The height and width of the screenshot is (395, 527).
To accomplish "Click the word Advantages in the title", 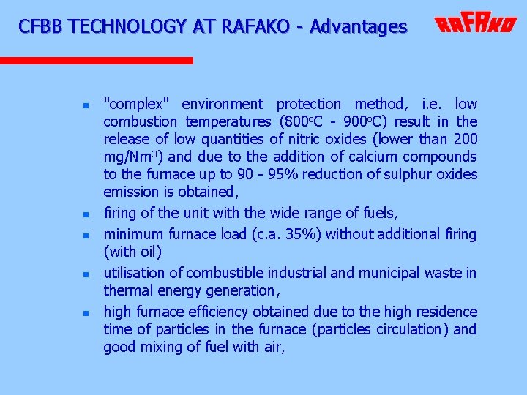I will click(358, 27).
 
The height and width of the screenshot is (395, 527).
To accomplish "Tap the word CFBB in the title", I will click(42, 27).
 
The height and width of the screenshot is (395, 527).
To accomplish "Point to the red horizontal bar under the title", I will click(96, 61).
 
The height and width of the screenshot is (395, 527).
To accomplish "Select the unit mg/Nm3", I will click(127, 157).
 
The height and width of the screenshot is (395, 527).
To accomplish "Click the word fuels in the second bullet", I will click(380, 214).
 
